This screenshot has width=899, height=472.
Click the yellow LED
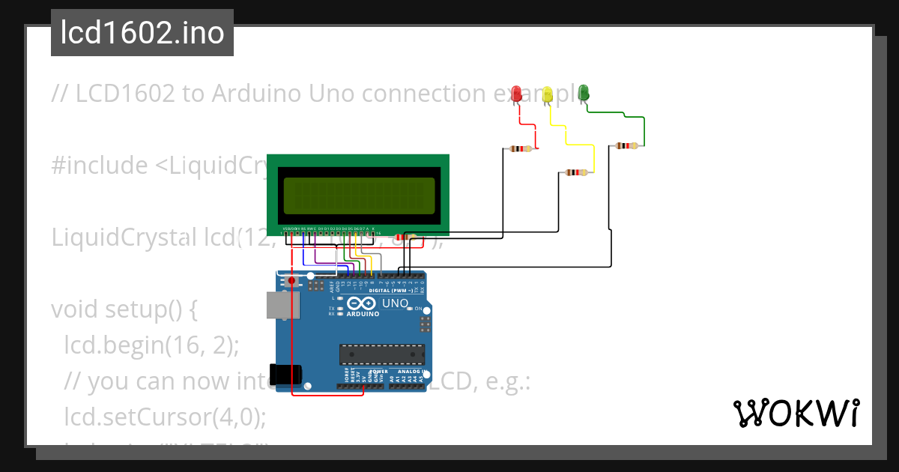(548, 94)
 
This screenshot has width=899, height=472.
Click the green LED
(584, 92)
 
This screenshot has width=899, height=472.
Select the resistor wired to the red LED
(521, 148)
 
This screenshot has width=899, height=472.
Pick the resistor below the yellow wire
(576, 172)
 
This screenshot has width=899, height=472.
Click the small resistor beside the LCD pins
(405, 237)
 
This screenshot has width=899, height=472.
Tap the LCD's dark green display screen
(358, 196)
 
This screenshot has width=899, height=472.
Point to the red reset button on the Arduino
(292, 282)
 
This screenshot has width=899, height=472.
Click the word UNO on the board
(395, 303)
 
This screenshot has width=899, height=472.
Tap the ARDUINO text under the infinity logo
(363, 314)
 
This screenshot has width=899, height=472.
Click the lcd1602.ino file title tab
(142, 33)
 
